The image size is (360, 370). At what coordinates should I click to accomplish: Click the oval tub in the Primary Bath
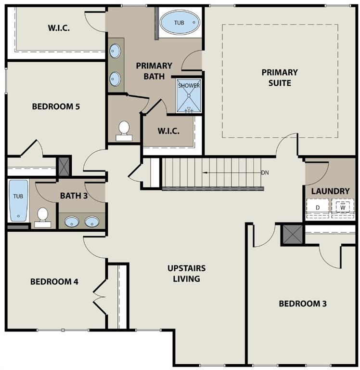(x=179, y=22)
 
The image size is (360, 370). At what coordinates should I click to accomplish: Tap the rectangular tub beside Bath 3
(x=18, y=200)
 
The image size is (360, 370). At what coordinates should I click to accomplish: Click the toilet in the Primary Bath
(x=124, y=131)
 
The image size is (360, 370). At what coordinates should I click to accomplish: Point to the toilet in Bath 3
(x=43, y=217)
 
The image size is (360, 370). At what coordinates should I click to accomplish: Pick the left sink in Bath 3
(x=72, y=222)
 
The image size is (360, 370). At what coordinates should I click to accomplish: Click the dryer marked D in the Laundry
(x=318, y=208)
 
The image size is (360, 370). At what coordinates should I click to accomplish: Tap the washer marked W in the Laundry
(x=343, y=208)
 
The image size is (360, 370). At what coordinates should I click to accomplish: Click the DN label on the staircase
(x=265, y=172)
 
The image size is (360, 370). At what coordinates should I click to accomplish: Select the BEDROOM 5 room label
(x=56, y=106)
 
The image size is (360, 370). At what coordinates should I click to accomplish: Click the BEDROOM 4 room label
(x=54, y=281)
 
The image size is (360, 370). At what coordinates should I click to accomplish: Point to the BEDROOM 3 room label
(x=303, y=304)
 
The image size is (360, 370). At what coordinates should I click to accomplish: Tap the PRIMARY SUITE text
(x=280, y=78)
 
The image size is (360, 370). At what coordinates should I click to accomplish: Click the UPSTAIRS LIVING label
(x=187, y=273)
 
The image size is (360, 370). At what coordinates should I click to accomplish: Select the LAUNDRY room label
(x=330, y=191)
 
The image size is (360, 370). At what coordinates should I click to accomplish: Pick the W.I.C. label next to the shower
(x=168, y=131)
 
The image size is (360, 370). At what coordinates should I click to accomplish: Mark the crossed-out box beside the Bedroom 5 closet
(x=64, y=166)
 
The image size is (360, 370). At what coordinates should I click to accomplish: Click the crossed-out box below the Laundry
(x=292, y=235)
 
